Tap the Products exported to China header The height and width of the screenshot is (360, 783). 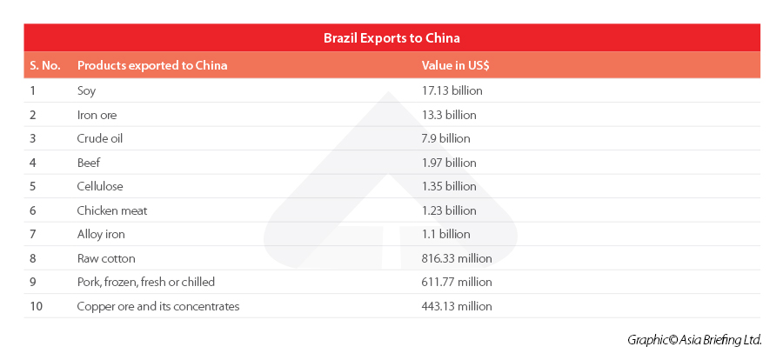(x=152, y=65)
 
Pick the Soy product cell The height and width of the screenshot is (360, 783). (x=86, y=90)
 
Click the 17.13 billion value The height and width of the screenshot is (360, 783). (x=452, y=90)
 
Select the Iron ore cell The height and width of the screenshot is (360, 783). (x=97, y=115)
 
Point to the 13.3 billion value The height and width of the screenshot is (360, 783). (x=449, y=115)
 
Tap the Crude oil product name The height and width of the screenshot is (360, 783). (x=99, y=138)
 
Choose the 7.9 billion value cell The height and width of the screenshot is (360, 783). (x=445, y=138)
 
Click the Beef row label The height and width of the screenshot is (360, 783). (x=89, y=163)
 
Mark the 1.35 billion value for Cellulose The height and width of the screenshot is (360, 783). (x=449, y=186)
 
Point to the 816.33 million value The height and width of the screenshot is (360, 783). (x=457, y=258)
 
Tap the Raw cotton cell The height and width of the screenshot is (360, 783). (x=106, y=258)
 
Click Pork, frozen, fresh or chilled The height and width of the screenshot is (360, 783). (x=145, y=282)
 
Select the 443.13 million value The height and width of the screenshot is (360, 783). (x=457, y=306)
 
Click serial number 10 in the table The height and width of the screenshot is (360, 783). (x=36, y=306)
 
